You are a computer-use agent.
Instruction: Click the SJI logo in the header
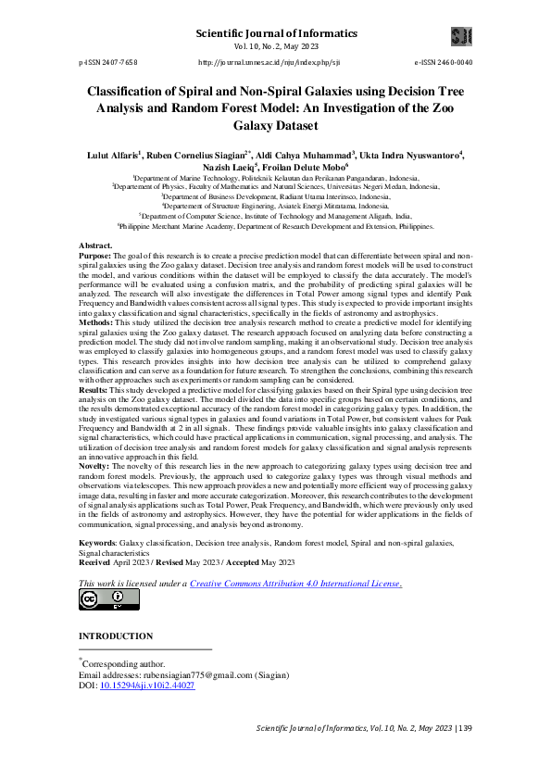pos(460,36)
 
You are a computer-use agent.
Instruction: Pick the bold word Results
pos(95,419)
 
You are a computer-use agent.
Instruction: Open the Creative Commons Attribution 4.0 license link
pos(295,584)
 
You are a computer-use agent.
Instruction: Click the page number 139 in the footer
pos(465,728)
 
